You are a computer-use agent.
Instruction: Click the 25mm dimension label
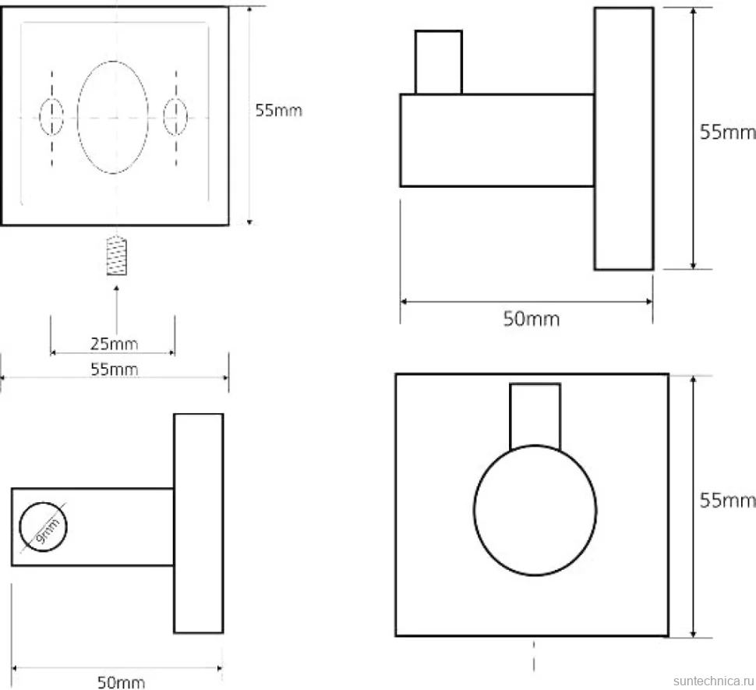point(115,344)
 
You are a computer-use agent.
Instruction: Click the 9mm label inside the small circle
point(48,530)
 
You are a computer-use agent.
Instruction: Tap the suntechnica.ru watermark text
point(714,681)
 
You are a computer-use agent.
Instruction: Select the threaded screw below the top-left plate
point(117,257)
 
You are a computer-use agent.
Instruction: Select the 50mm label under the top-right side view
point(532,319)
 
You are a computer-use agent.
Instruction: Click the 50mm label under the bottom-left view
point(121,682)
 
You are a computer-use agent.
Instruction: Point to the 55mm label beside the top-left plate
point(279,111)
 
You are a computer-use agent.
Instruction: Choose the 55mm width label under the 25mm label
point(115,370)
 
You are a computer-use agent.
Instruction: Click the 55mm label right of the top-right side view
point(727,132)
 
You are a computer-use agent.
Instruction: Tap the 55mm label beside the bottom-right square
point(727,501)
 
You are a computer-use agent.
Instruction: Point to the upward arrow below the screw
point(116,310)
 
